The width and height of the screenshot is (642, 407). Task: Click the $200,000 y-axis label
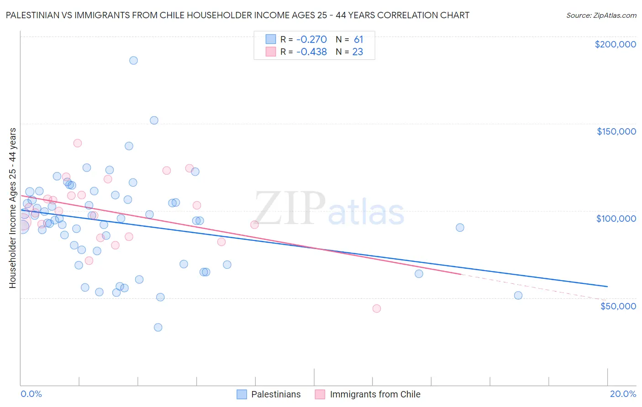615,44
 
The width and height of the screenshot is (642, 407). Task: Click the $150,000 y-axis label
616,131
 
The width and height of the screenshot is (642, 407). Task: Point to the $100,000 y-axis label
616,219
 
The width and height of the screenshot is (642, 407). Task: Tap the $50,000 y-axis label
618,306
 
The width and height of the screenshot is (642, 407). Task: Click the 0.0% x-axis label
31,394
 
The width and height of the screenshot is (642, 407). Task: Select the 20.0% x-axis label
623,394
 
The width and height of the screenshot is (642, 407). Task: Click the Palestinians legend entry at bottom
276,394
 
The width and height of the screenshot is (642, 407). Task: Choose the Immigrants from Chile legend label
375,394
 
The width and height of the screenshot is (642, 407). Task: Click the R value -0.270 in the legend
311,39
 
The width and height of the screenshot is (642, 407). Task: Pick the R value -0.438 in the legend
311,52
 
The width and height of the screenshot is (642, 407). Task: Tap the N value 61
358,39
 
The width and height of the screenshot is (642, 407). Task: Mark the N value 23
358,52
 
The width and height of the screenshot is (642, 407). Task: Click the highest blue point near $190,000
133,60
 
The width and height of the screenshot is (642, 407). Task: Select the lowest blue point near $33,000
158,327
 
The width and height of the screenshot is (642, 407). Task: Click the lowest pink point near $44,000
377,308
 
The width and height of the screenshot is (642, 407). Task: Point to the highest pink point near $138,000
78,143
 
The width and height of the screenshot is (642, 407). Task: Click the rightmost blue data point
518,295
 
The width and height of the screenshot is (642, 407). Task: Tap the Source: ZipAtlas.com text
601,16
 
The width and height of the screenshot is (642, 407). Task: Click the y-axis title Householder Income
12,208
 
